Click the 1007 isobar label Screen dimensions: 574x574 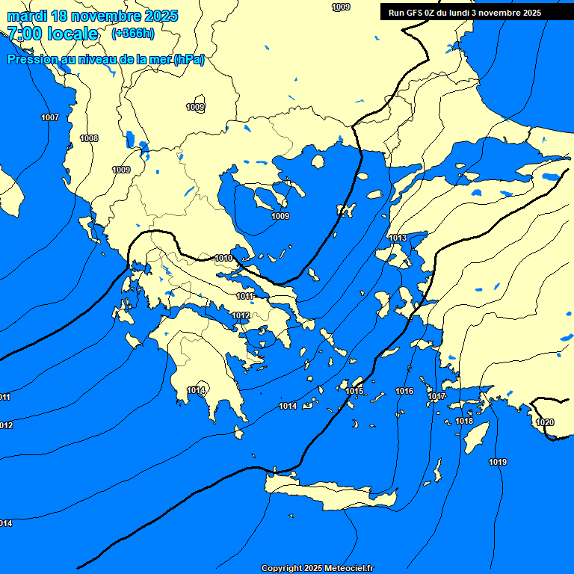(x=50, y=117)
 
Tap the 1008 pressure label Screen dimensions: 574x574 (x=89, y=138)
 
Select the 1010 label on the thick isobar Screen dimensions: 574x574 (x=223, y=258)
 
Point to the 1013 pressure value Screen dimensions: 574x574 (x=398, y=238)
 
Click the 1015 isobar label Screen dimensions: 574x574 (x=355, y=391)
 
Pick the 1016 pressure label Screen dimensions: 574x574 (x=404, y=391)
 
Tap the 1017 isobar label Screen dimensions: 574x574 (x=437, y=396)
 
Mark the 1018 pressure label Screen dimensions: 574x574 (x=464, y=421)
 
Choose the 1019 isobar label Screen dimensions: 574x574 (x=498, y=462)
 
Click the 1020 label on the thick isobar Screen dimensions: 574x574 (x=545, y=422)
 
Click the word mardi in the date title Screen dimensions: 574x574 (x=26, y=16)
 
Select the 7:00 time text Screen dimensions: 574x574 (x=22, y=34)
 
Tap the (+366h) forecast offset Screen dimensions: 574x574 (x=133, y=33)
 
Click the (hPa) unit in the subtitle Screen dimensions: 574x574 (x=188, y=60)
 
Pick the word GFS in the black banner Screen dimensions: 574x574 (x=414, y=13)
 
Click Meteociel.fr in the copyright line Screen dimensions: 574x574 (x=348, y=568)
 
